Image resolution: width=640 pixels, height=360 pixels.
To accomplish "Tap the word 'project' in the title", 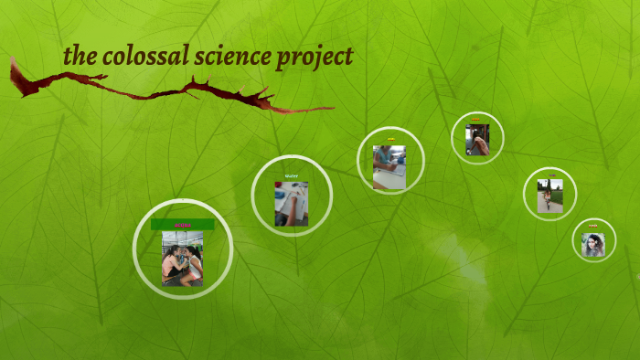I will pos(316,58).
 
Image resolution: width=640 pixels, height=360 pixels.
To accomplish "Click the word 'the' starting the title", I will pos(80,57).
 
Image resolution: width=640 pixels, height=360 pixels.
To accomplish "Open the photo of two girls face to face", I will pos(182,259).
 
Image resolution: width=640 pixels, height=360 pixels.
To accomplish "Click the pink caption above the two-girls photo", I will pos(182,225).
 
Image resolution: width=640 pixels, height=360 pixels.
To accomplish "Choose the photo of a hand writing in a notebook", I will pos(292,203).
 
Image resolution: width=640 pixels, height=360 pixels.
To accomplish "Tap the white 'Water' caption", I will pos(292,175).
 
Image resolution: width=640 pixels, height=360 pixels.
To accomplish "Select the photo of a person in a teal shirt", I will pos(389,166).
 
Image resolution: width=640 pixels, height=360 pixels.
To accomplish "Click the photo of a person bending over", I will pos(477,140).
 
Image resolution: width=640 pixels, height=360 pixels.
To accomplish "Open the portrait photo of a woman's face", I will pos(593,245).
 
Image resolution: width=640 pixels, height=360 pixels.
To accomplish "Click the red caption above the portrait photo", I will pos(593,226).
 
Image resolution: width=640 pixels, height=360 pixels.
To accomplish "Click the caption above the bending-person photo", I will pos(476,120).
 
